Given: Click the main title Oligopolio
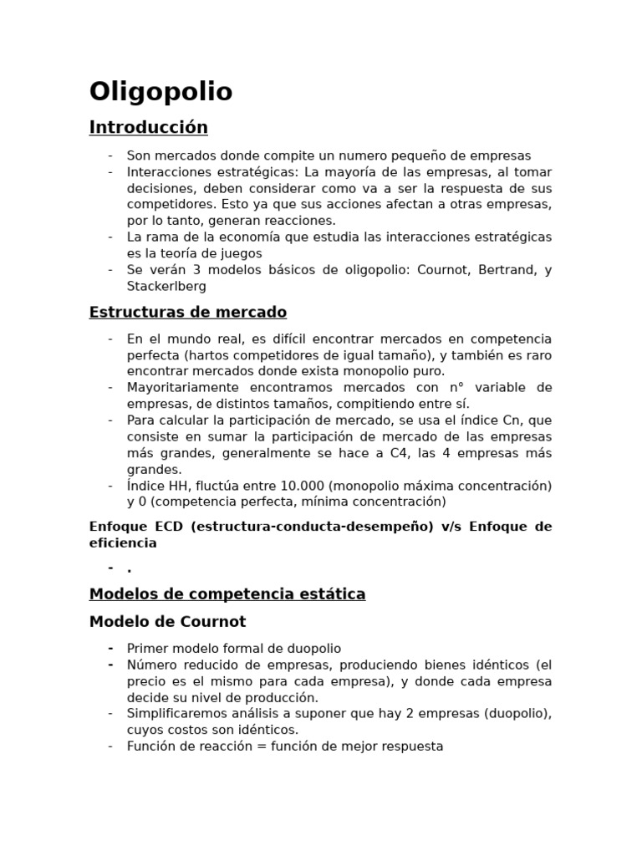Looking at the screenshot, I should coord(160,91).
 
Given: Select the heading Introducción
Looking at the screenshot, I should coord(148,128).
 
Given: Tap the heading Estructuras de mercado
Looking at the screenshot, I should coord(187,313).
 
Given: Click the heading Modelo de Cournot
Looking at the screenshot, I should coord(167,622).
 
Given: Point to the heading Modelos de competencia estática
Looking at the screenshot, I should coord(227,594).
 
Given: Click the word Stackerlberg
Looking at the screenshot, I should coord(166,286).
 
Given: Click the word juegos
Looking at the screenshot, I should coord(240,253).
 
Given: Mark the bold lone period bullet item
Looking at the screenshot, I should coord(130,570).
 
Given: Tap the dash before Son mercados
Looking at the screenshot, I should coord(110,155).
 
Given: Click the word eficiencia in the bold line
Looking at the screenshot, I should coord(123,543).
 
